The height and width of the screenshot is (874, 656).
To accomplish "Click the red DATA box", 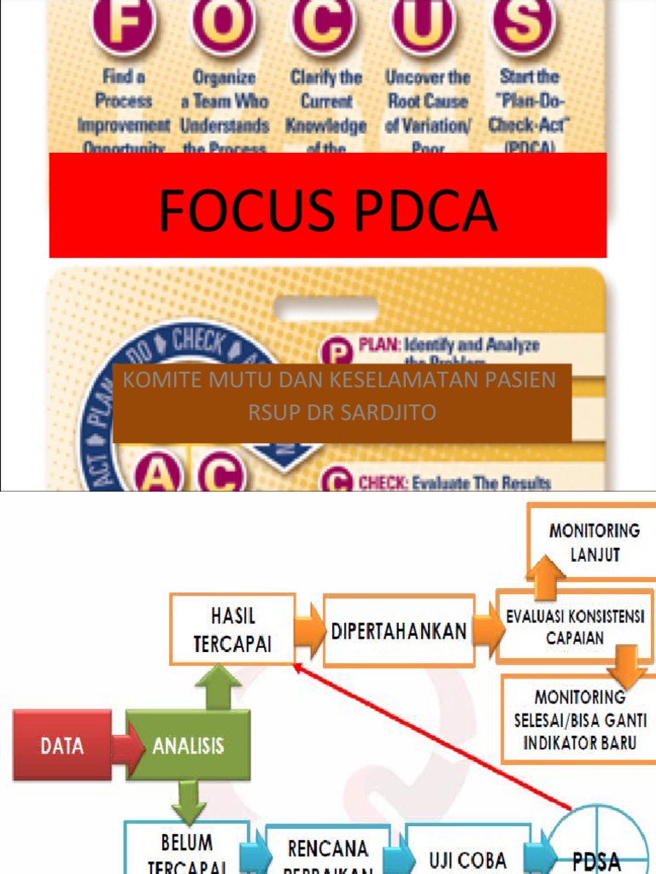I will point(61,744).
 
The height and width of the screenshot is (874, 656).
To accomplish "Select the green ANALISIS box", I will point(189,744).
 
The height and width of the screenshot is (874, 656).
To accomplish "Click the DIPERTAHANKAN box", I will point(398,632).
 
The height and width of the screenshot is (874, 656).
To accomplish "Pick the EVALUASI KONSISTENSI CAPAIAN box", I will point(575,626).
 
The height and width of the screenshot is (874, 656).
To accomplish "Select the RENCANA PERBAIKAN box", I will point(328,854).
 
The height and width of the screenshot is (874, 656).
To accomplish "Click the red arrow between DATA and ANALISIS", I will point(126,747).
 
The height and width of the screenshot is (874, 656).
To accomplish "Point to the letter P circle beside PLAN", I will point(335,352).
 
